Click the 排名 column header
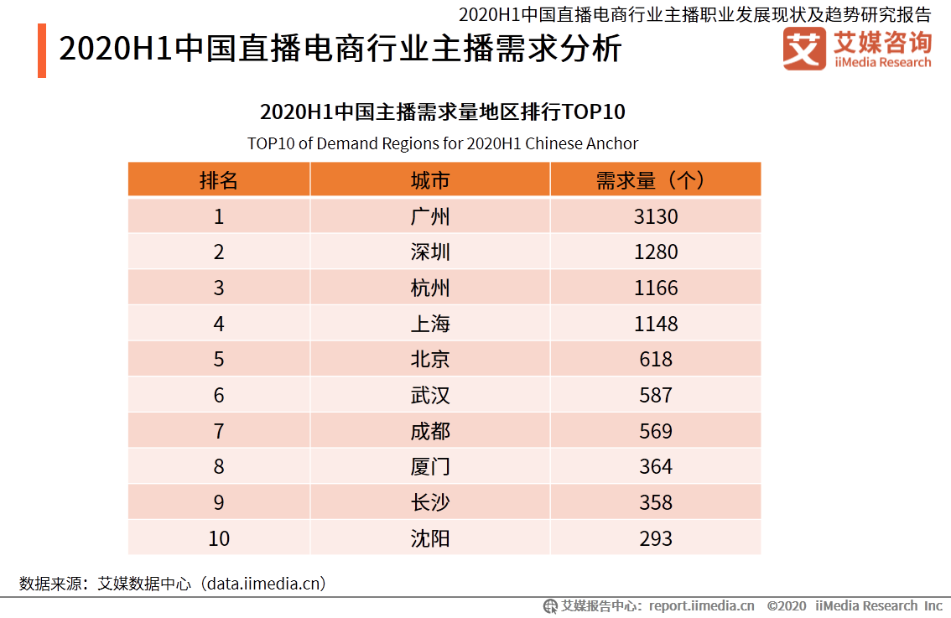219,180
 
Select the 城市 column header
430,180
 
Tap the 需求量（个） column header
655,180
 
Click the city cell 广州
430,216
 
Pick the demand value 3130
655,216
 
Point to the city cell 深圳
430,252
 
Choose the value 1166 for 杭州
655,288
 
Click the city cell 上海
430,324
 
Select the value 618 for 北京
655,360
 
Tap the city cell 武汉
430,396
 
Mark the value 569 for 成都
655,431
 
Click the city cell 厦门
430,467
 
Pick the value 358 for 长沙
655,502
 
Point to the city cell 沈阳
430,538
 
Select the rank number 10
219,538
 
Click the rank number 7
219,431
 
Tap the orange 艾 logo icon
803,49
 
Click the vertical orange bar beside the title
42,51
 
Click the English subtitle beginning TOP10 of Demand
443,143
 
